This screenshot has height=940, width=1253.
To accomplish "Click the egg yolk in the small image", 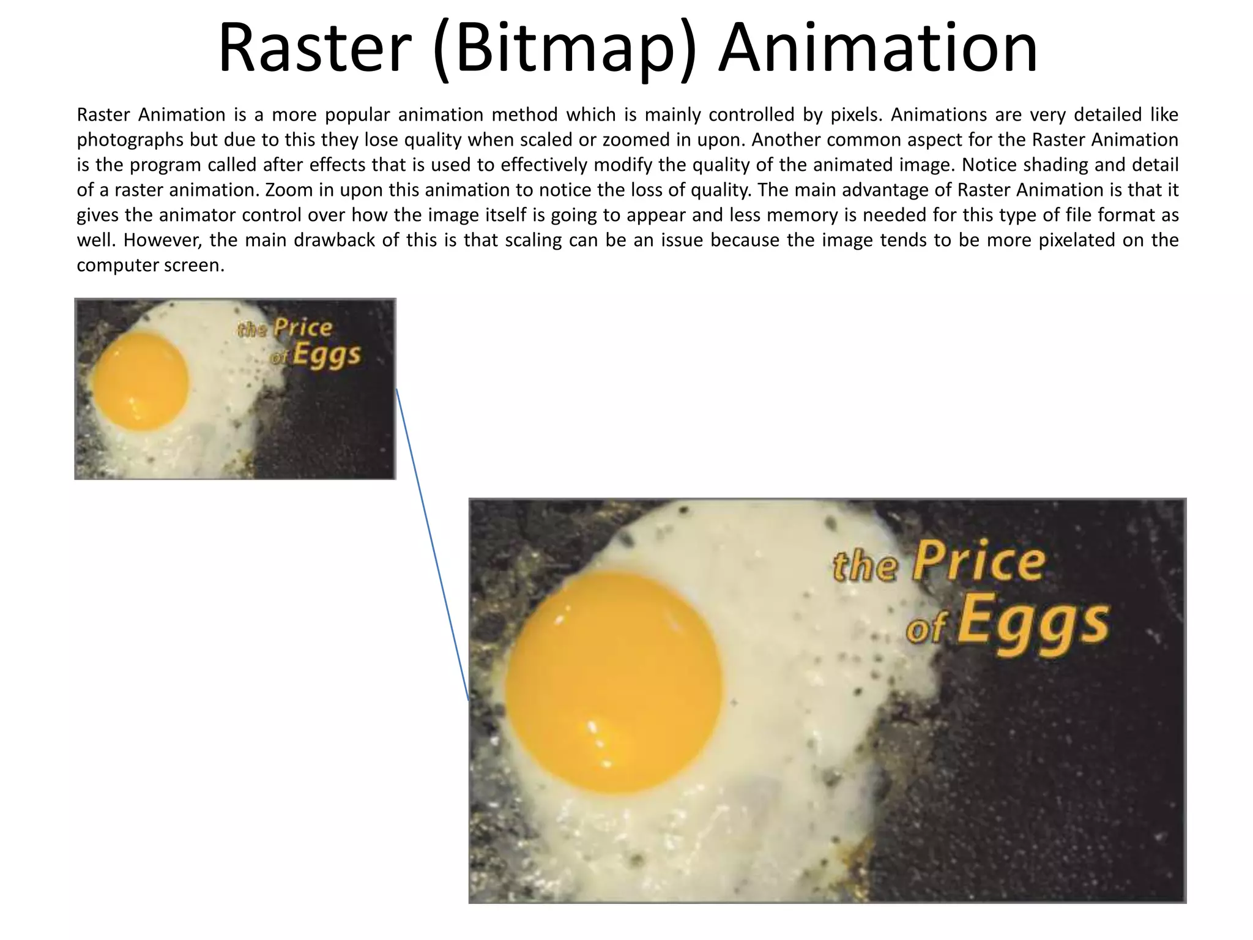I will coord(140,381).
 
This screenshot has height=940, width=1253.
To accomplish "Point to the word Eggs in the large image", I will coord(1033,622).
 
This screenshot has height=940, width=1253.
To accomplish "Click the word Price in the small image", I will coord(303,327).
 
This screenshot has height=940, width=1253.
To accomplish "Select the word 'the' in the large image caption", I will coord(865,566).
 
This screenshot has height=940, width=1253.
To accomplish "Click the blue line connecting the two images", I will coord(432,545).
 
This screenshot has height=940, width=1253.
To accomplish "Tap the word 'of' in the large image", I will coord(926,629).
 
